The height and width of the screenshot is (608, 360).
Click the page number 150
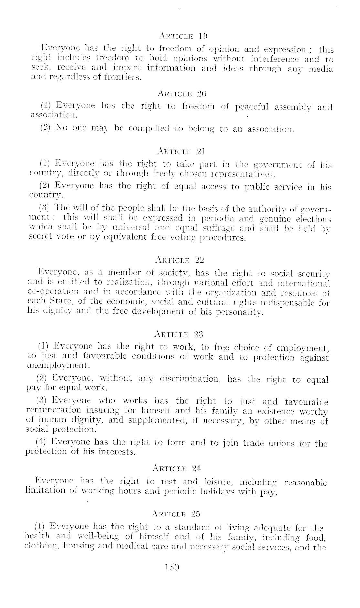[172, 567]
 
